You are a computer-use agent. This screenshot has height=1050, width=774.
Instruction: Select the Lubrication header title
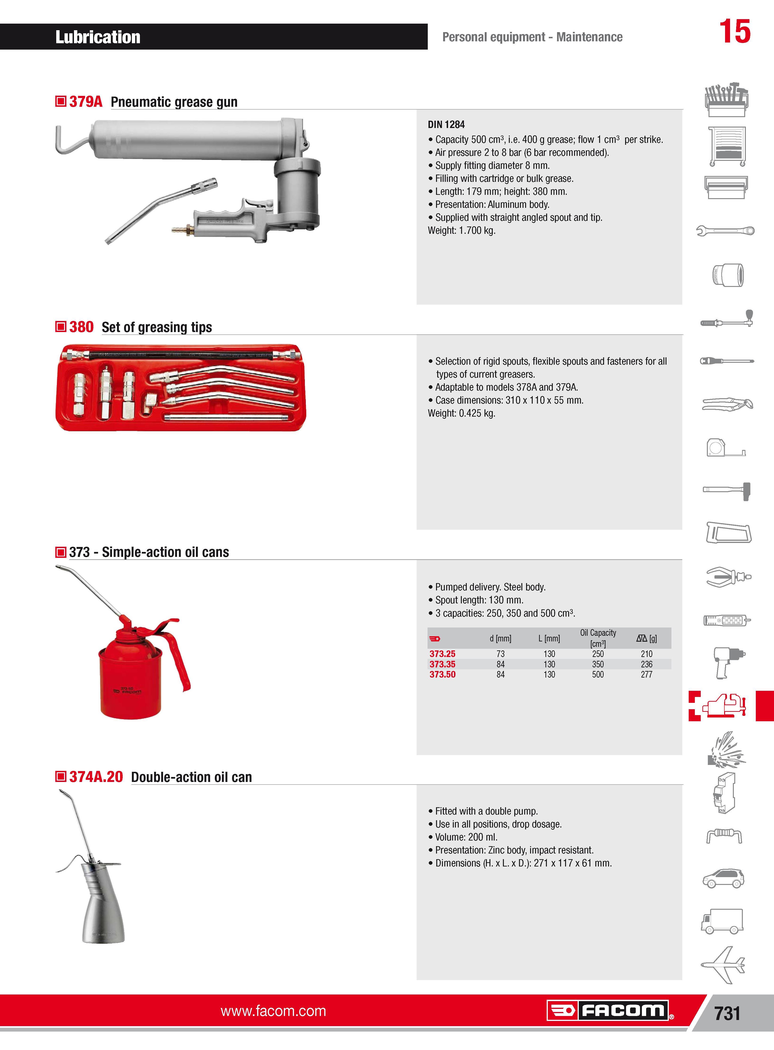(98, 37)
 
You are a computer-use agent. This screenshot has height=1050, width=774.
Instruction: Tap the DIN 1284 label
(446, 124)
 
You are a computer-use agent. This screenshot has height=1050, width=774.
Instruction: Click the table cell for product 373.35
(442, 664)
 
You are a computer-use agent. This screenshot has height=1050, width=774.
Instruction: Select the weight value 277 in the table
(647, 674)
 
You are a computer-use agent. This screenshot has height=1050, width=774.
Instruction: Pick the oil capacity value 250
(598, 654)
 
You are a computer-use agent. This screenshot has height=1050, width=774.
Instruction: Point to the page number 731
(727, 1013)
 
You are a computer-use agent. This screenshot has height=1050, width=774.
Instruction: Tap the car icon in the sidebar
(723, 879)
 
